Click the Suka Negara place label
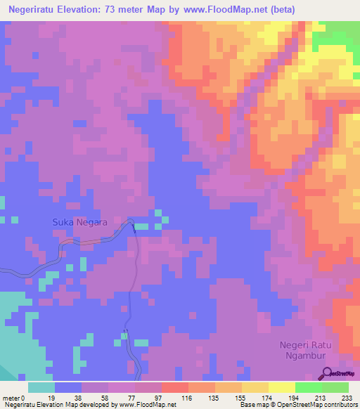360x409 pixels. click(79, 223)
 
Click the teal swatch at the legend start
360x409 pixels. click(41, 387)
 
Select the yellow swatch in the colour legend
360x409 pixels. click(282, 387)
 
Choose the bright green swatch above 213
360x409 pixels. click(309, 387)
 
